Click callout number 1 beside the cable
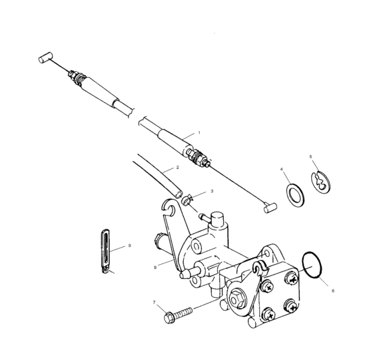[198, 132]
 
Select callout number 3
[212, 191]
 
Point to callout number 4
[282, 170]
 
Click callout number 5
[310, 156]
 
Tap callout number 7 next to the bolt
[154, 303]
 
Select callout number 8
[155, 268]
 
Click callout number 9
[129, 245]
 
